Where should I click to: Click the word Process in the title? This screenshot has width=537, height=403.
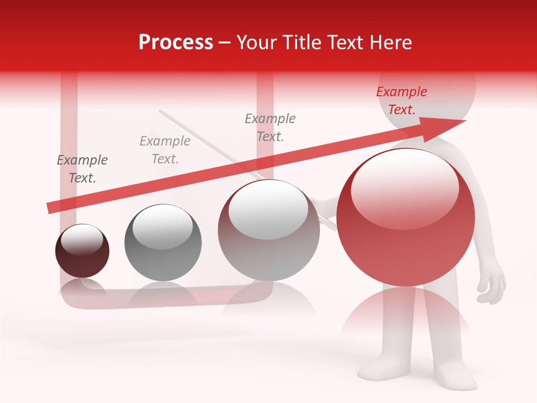[x=176, y=43]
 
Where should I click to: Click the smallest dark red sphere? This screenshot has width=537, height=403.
[x=82, y=251]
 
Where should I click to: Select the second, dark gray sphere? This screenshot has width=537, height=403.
[x=163, y=243]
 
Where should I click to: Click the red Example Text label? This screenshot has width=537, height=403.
[x=402, y=101]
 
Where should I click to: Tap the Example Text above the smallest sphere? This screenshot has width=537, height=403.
[x=82, y=169]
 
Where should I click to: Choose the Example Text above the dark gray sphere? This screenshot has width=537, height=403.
[x=165, y=150]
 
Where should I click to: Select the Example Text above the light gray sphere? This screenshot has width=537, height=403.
[x=270, y=128]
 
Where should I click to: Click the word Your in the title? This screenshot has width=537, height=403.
[x=255, y=43]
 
